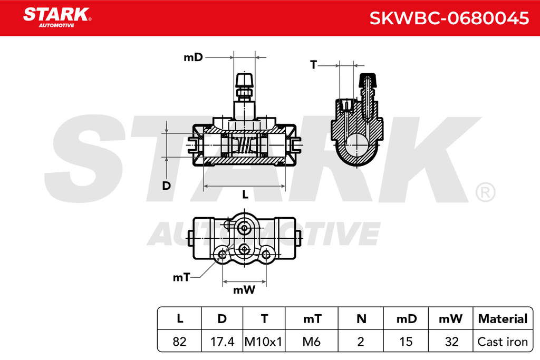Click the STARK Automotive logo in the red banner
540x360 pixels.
coord(57,17)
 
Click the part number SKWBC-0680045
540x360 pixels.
coord(449,18)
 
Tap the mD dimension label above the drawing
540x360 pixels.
coord(193,57)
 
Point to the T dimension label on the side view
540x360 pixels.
coord(313,64)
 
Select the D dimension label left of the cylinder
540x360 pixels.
coord(166,186)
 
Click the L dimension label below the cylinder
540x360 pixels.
coord(245,195)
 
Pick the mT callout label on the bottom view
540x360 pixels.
coord(181,277)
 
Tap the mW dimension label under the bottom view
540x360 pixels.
coord(244,290)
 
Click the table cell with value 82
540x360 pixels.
coord(179,342)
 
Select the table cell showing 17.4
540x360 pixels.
coord(222,342)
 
